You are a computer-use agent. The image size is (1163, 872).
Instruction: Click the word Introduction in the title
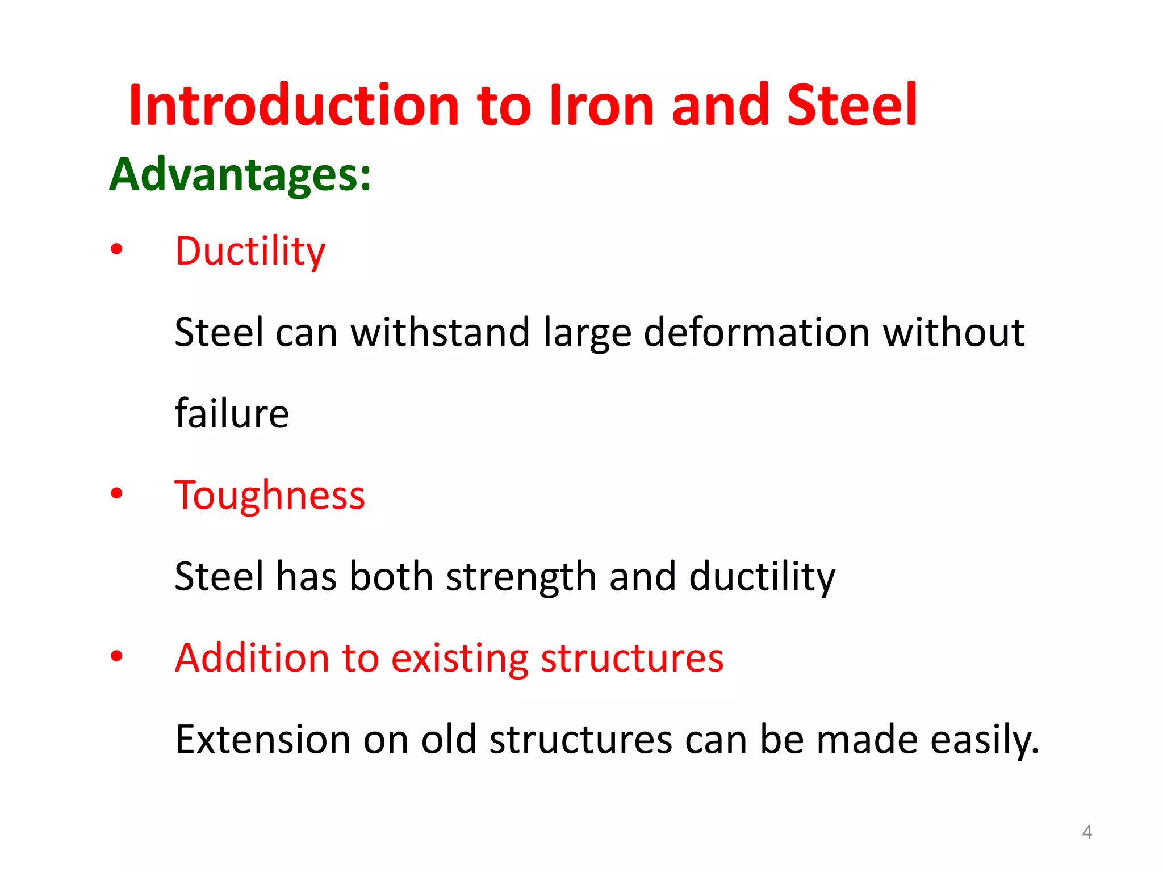[294, 106]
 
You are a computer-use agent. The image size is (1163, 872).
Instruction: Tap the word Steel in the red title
[852, 106]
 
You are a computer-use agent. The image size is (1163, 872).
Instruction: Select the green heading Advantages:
[240, 174]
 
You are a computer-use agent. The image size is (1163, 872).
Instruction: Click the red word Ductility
[250, 251]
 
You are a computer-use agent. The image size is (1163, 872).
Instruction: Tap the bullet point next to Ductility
[116, 249]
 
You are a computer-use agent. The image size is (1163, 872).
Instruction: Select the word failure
[232, 413]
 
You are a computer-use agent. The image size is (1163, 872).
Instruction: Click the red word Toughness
[270, 496]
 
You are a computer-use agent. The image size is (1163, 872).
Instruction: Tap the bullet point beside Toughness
[116, 493]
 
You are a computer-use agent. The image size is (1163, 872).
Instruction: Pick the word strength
[521, 577]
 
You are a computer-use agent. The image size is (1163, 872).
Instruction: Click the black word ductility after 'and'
[762, 577]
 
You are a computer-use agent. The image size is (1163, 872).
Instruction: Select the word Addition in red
[252, 659]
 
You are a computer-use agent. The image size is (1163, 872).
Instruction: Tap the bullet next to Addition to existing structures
[116, 656]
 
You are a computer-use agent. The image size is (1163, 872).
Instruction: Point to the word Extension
[262, 740]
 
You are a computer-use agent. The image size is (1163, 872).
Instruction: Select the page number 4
[1087, 832]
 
